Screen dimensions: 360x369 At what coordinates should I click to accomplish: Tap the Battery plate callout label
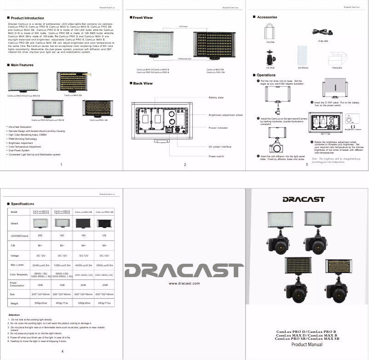coord(216,97)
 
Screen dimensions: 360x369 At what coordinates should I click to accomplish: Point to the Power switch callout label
coord(217,156)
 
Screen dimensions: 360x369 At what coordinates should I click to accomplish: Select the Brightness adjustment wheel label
coord(225,114)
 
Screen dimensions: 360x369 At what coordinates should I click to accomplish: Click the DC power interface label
coord(220,146)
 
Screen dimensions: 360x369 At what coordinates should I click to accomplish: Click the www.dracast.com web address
coord(184,284)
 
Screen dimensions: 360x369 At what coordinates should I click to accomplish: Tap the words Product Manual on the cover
coord(307,344)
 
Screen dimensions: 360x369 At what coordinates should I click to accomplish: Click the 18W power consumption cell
coord(40,285)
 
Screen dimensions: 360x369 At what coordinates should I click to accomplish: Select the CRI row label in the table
coord(14,246)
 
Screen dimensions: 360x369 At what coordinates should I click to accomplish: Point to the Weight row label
coord(15,303)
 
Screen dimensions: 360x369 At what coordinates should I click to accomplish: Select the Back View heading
coord(143,83)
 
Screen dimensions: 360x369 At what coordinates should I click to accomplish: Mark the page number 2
coord(184,165)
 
